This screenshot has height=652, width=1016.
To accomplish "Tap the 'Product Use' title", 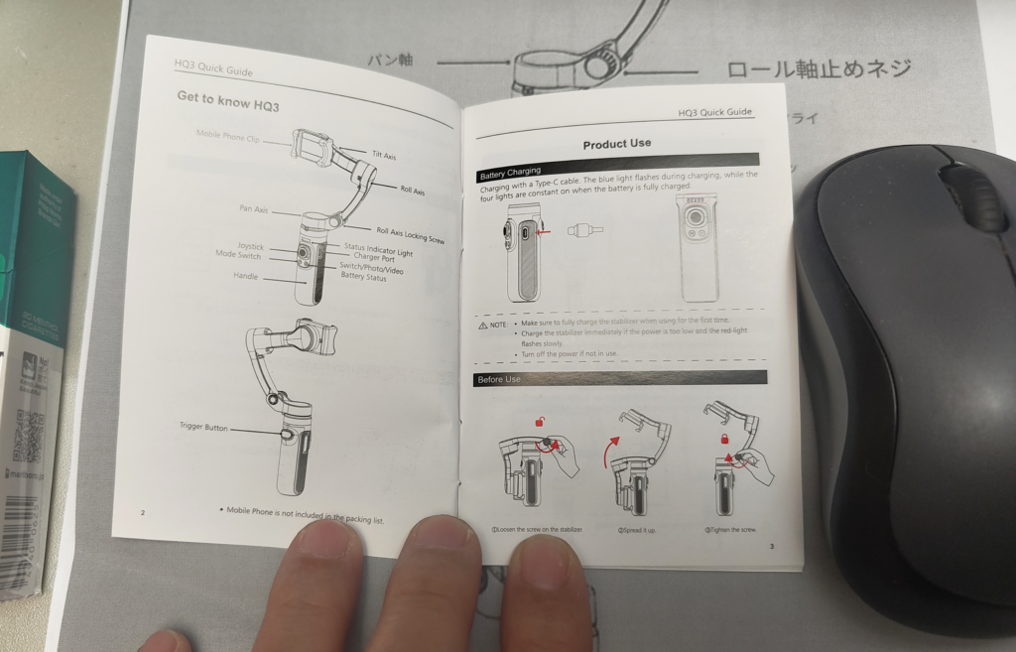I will pos(616,144).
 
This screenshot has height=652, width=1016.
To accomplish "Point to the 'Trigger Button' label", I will pos(203,428).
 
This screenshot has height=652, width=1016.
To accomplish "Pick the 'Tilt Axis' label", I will pos(384,156).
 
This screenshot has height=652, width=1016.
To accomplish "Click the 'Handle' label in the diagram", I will pos(245,276).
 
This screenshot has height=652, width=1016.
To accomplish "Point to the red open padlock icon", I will pos(541,422).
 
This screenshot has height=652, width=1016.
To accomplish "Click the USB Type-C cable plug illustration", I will pos(585,231).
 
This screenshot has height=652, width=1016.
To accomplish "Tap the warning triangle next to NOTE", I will pos(483,326).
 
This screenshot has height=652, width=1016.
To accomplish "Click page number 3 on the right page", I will pos(771,547).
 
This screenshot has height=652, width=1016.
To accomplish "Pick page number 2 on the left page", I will pos(143,513).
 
